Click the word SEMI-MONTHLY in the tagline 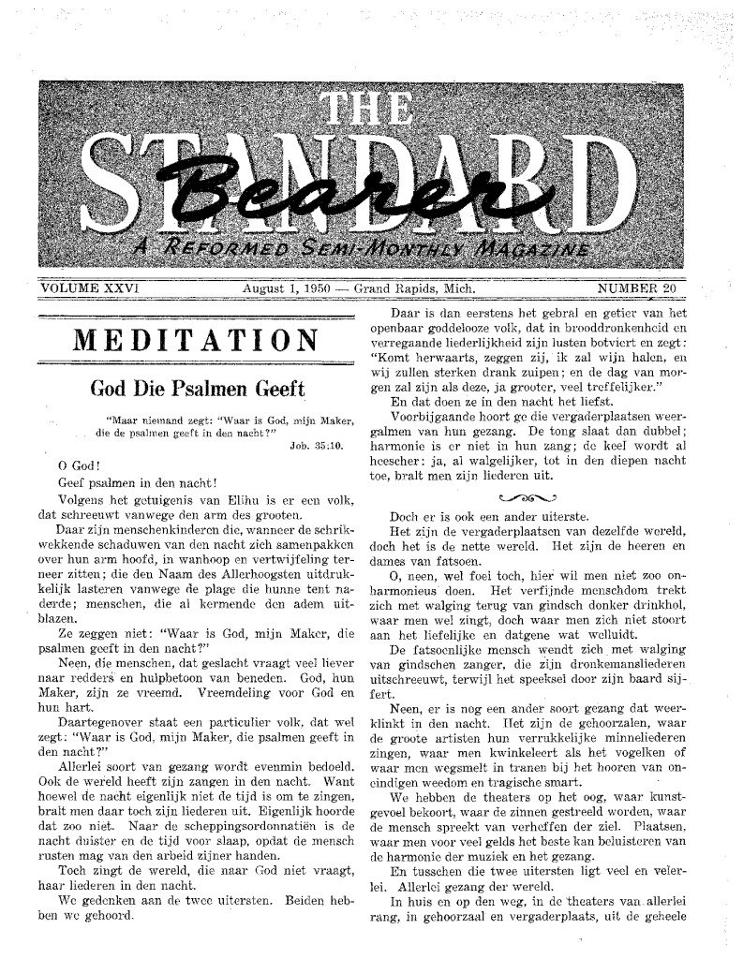[374, 251]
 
